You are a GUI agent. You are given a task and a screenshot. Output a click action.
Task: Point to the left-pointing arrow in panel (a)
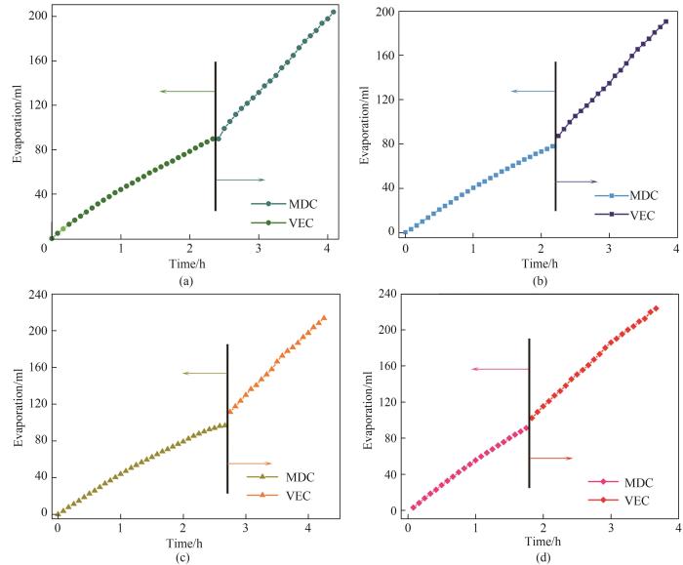(x=187, y=92)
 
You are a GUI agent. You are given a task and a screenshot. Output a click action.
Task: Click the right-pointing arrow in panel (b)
(x=576, y=182)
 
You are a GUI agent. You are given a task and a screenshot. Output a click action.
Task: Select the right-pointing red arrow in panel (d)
(x=550, y=457)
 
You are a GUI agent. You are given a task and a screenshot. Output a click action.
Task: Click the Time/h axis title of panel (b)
(x=542, y=262)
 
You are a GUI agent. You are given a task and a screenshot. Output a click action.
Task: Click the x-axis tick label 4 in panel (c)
(x=307, y=528)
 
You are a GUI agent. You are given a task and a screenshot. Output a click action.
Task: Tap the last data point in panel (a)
(x=333, y=13)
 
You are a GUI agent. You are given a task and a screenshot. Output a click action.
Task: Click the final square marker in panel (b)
(x=665, y=21)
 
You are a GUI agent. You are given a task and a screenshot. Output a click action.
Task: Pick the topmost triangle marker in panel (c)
(x=324, y=317)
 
